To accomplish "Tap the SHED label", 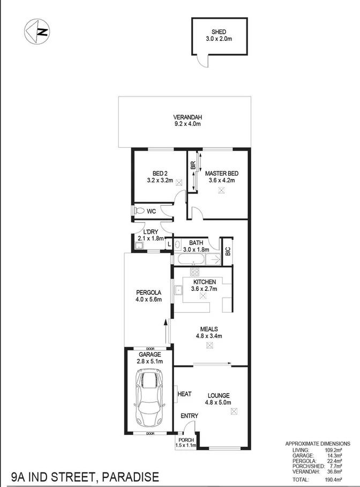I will [x=220, y=32].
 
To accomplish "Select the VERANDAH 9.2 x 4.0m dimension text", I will [x=186, y=124].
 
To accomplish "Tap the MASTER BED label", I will [x=221, y=173].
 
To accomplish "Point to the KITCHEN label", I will [x=204, y=282].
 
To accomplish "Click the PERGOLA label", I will [x=149, y=292].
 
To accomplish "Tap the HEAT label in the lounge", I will [x=184, y=394].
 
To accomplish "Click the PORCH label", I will [x=185, y=440].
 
